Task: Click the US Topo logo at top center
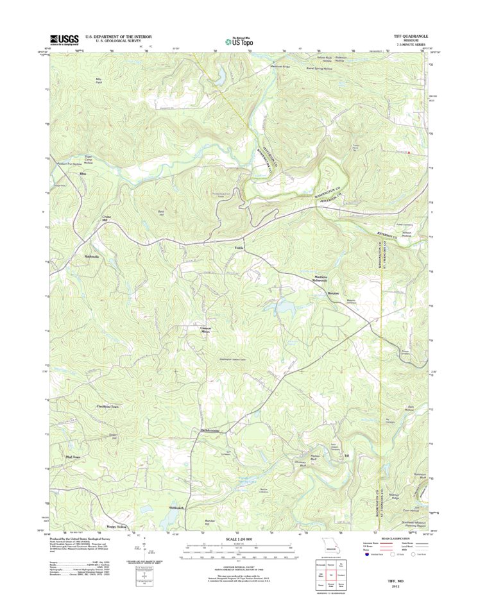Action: (239, 40)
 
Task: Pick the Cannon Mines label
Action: (205, 330)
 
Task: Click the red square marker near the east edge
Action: (409, 153)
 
